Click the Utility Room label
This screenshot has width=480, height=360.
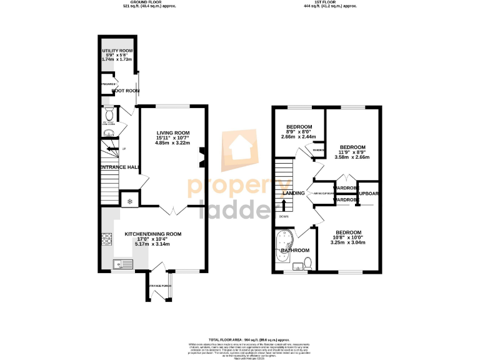(x=117, y=50)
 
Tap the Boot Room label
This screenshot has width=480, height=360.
(x=125, y=91)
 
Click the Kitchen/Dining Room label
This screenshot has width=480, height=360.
(x=152, y=234)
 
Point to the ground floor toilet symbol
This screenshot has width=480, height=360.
(x=108, y=114)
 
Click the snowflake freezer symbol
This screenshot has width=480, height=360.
(x=130, y=201)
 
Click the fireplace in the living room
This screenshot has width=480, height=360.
(x=201, y=157)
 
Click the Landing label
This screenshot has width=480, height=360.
(x=294, y=193)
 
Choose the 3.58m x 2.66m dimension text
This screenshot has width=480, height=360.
(x=352, y=157)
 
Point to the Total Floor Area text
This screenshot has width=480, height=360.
(x=240, y=337)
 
